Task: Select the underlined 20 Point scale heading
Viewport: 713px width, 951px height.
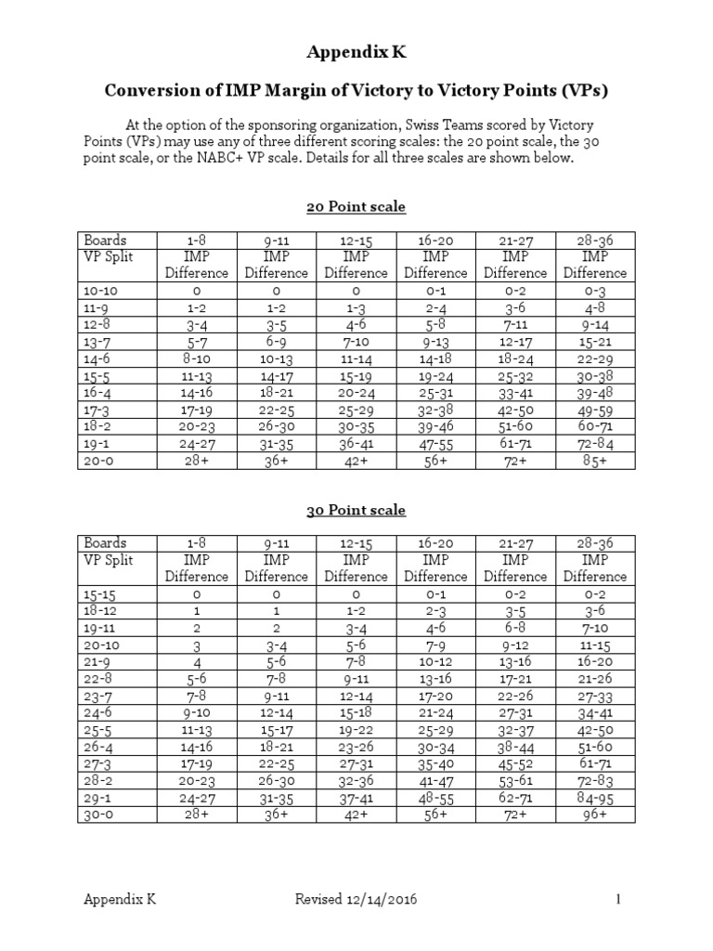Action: click(x=356, y=206)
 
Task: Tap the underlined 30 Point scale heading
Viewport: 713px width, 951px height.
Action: click(x=356, y=510)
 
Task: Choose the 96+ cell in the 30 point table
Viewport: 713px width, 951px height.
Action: click(x=595, y=814)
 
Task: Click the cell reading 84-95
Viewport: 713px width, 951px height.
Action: click(x=595, y=798)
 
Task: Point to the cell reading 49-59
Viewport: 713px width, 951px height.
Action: click(x=595, y=410)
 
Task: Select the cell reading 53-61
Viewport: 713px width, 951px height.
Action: click(x=515, y=781)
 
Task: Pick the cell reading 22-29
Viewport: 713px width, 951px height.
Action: click(x=595, y=358)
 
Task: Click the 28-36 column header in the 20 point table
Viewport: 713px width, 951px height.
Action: click(x=595, y=240)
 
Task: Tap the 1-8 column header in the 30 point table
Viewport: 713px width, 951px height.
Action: click(x=196, y=542)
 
